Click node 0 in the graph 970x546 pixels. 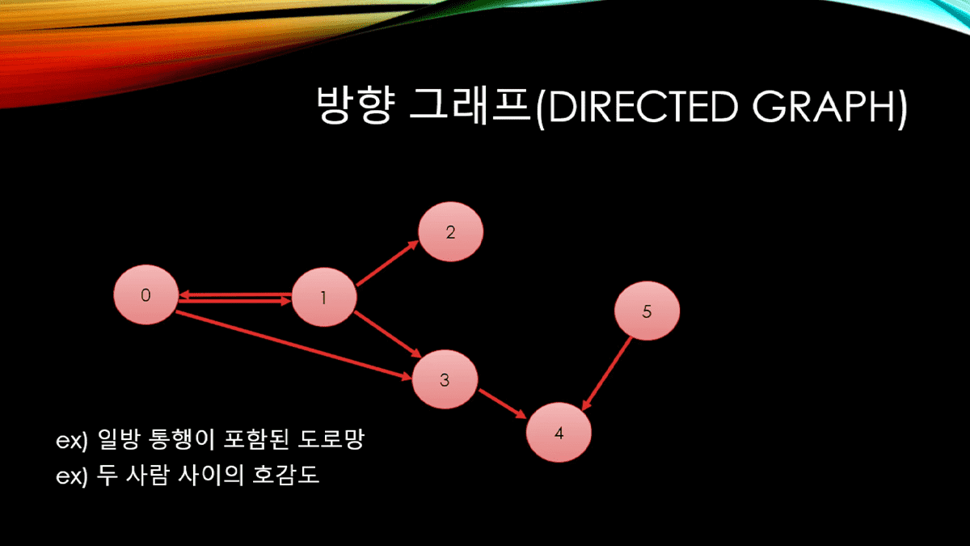[146, 294]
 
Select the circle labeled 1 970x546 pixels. [324, 298]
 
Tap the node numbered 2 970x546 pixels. [450, 232]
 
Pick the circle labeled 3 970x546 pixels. [445, 379]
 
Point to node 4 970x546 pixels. [559, 433]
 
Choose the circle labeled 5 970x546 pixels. [647, 311]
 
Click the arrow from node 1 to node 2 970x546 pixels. [387, 263]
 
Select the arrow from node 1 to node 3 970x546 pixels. [388, 334]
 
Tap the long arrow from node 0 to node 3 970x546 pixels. [294, 346]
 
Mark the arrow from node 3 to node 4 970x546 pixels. [502, 404]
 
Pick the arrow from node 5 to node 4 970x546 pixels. [606, 374]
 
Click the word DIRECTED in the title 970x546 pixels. [643, 107]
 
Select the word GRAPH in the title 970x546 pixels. [824, 107]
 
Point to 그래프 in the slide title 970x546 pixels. [470, 106]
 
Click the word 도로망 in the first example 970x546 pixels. [331, 439]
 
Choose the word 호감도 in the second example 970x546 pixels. [286, 475]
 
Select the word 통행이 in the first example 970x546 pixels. [181, 439]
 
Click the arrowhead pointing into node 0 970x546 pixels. [184, 295]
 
